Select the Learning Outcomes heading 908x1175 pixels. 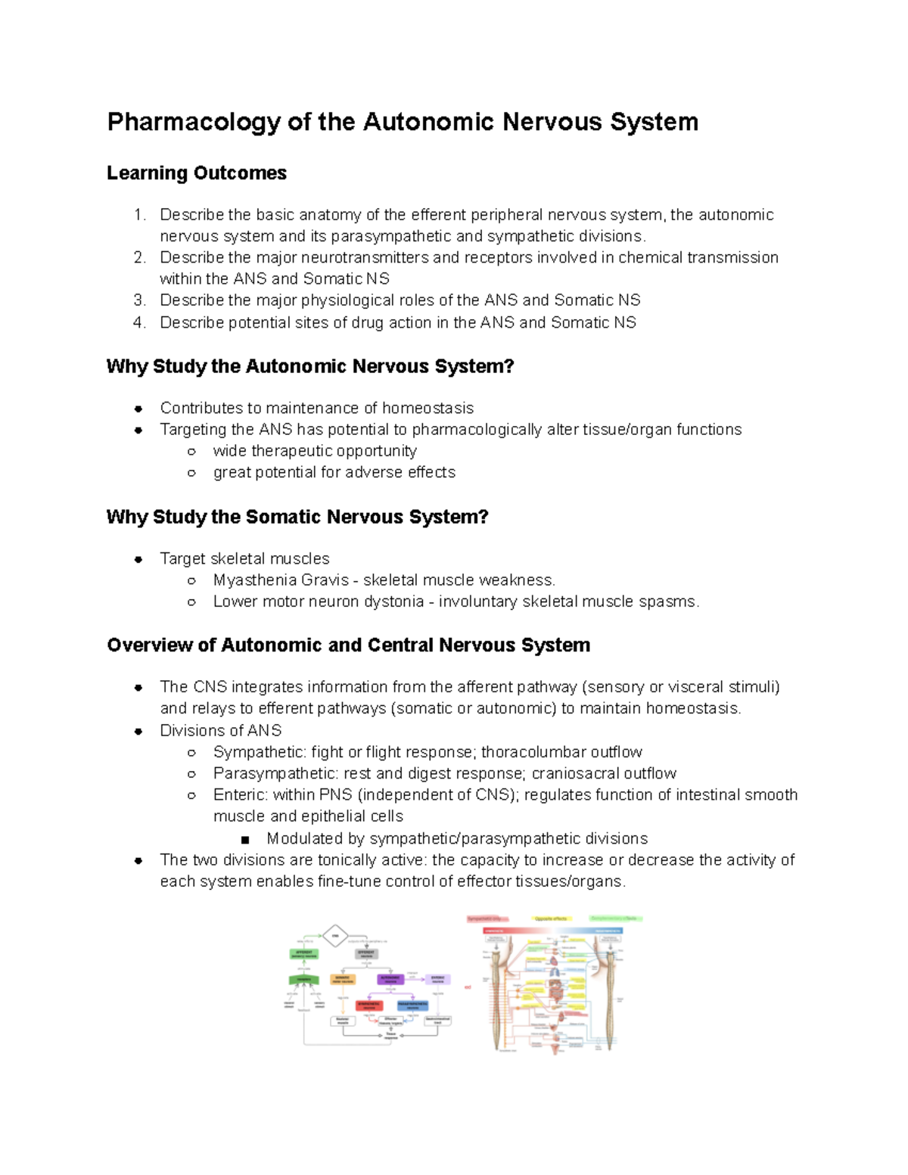(197, 173)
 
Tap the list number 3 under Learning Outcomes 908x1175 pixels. (139, 300)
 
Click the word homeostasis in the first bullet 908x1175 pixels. (428, 409)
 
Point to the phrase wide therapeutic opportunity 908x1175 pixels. (315, 451)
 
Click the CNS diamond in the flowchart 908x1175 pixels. (335, 936)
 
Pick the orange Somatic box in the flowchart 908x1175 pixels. (343, 979)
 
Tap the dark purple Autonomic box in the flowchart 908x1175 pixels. (390, 979)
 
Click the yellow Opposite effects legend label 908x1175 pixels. (551, 919)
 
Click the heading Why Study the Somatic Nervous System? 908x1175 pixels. (297, 518)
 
